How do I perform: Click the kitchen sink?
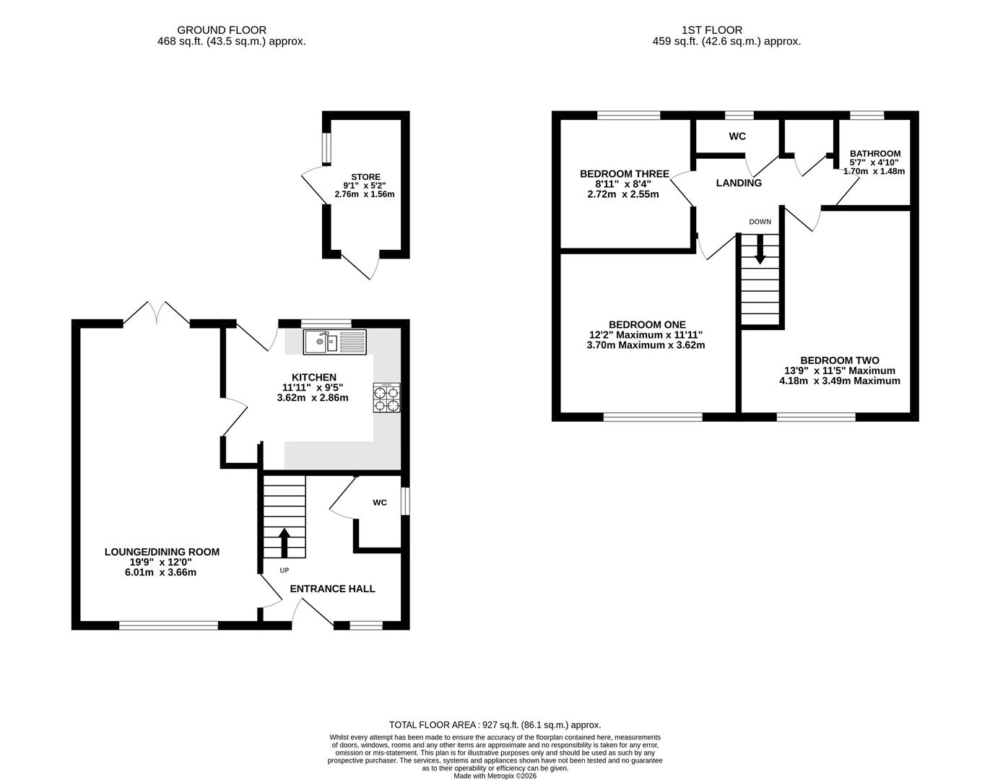tap(335, 342)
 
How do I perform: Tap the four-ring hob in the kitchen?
tap(386, 398)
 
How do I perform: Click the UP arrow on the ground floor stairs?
tap(285, 542)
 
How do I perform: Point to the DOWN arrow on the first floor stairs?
tap(760, 249)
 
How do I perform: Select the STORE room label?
tap(365, 177)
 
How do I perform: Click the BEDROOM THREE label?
tap(625, 174)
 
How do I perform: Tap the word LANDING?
tap(739, 183)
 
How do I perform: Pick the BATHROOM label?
tap(875, 154)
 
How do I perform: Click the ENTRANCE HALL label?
tap(332, 589)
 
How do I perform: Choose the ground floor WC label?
tap(380, 503)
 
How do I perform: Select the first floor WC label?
tap(737, 136)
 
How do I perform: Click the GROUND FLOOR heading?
tap(222, 30)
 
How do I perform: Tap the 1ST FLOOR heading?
tap(712, 30)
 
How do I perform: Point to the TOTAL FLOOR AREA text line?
tap(495, 725)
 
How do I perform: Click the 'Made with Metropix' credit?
tap(495, 776)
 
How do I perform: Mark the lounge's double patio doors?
tap(157, 313)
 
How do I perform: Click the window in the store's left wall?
tap(326, 149)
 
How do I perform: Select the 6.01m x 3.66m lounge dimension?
tap(160, 573)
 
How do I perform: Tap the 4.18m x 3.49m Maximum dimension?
tap(840, 381)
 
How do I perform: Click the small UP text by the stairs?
tap(285, 570)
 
